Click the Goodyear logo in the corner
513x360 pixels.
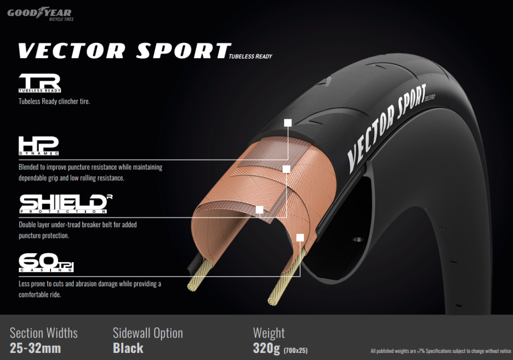pos(40,14)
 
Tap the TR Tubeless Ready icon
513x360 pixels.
pos(40,83)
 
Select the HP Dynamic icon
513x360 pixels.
pos(39,146)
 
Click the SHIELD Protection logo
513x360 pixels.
pos(66,204)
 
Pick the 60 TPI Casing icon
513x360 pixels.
pos(46,262)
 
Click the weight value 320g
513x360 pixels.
pos(267,348)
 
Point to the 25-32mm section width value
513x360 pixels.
pos(36,348)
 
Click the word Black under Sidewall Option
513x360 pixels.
pos(128,348)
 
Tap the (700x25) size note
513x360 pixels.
pos(296,350)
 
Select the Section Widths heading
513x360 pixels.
pos(44,333)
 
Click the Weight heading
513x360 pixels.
pos(269,333)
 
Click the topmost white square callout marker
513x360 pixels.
pos(288,123)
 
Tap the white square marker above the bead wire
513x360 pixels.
pos(300,238)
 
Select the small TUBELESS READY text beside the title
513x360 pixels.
pos(250,56)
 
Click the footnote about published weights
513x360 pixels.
pos(440,351)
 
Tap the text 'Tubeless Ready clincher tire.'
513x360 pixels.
pos(54,102)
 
